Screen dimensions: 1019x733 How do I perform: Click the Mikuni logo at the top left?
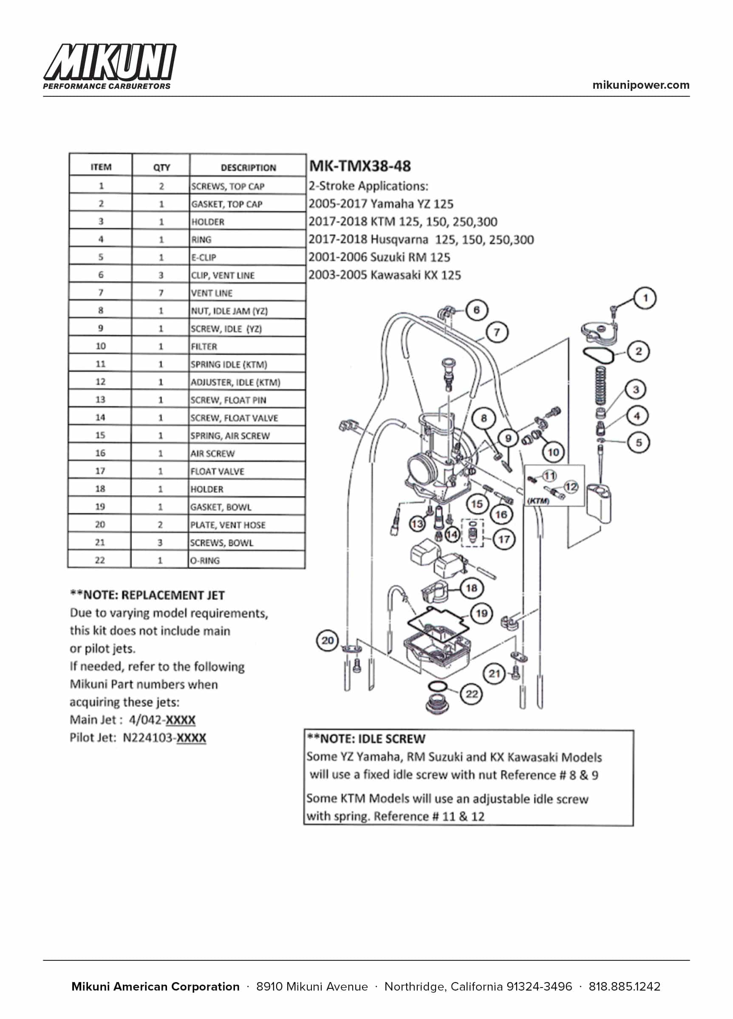click(x=109, y=67)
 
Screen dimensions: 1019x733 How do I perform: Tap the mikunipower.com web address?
click(x=640, y=85)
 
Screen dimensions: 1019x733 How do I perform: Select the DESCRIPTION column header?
click(x=248, y=168)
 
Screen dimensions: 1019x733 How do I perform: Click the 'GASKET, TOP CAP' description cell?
click(x=226, y=204)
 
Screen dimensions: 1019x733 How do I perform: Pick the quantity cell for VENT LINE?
click(x=161, y=293)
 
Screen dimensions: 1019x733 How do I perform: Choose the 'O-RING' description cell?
click(x=205, y=560)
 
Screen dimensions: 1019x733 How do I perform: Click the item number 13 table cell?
click(x=100, y=400)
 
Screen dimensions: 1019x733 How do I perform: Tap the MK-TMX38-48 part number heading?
click(x=360, y=166)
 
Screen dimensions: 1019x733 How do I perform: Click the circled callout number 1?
click(x=645, y=298)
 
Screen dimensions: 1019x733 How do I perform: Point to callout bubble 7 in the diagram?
click(x=496, y=332)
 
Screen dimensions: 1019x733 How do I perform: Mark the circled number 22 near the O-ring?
click(x=471, y=694)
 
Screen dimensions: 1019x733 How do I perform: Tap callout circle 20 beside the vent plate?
click(x=328, y=640)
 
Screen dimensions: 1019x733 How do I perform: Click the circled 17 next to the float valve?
click(x=504, y=539)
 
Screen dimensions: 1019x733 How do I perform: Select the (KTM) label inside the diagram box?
click(x=538, y=501)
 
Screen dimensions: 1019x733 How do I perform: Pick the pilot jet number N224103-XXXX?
click(x=164, y=738)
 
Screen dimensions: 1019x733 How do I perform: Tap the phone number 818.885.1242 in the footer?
click(x=624, y=987)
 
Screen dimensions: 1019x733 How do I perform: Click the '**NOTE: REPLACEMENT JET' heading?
click(x=147, y=595)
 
